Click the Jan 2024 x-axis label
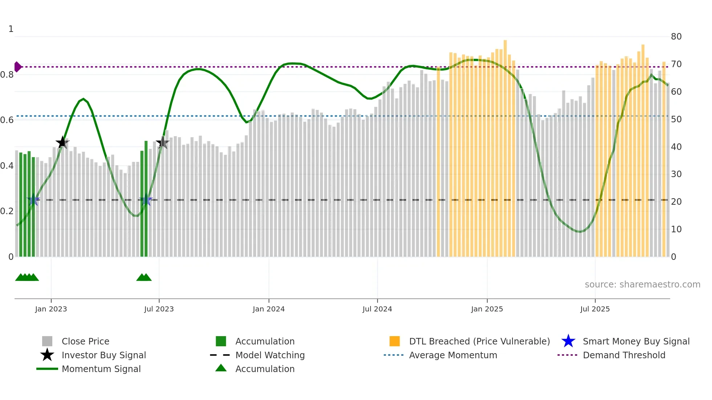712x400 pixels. (x=268, y=309)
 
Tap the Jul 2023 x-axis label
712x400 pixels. (x=159, y=309)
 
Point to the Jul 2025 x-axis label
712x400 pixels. (x=595, y=309)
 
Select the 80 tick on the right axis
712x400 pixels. (x=676, y=37)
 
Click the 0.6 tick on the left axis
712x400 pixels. (x=7, y=120)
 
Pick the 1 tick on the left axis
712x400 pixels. (x=11, y=29)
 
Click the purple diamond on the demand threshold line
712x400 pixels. (x=17, y=67)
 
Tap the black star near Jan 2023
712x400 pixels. (x=62, y=143)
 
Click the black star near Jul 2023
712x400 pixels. (x=162, y=143)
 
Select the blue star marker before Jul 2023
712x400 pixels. (x=146, y=200)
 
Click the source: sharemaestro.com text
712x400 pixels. (x=642, y=285)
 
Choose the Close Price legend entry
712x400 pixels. (x=85, y=341)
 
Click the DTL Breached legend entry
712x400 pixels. (x=479, y=341)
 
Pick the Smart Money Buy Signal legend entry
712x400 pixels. (x=636, y=341)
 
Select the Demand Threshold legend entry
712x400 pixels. (x=624, y=355)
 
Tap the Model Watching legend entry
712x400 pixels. (x=270, y=355)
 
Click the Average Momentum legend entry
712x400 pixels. (x=453, y=355)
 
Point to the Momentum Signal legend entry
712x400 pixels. (x=101, y=369)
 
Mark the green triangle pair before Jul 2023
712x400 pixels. (x=144, y=277)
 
